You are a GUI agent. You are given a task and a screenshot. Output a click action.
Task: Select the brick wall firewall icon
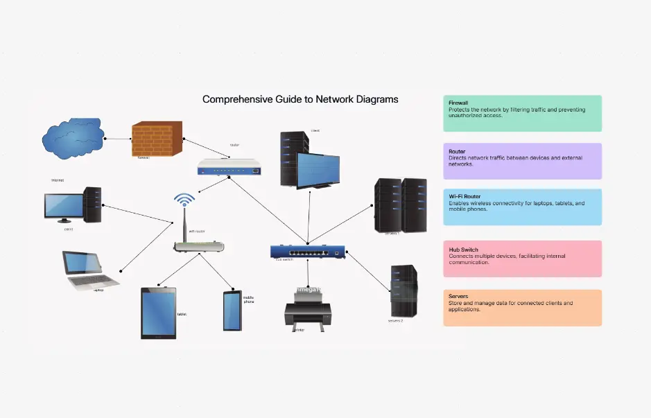157,139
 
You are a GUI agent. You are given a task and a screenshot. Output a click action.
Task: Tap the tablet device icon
159,313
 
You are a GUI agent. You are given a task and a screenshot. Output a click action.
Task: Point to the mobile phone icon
232,311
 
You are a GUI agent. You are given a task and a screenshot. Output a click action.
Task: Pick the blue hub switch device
308,251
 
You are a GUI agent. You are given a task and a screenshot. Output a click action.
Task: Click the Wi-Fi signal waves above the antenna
184,200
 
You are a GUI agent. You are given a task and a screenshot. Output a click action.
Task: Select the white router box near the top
230,167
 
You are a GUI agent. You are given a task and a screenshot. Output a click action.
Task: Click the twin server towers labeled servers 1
400,204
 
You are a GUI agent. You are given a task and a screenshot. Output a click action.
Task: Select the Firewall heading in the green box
459,103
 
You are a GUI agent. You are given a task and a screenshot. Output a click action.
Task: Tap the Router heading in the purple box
457,151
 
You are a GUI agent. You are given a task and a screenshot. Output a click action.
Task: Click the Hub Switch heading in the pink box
464,250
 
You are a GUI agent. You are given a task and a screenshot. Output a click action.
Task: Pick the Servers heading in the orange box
458,297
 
